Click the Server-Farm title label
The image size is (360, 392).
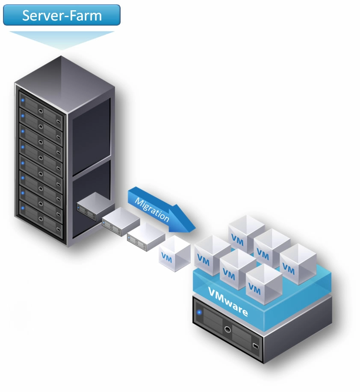pos(62,15)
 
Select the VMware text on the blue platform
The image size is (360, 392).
pos(227,302)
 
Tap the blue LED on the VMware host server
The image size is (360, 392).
pos(199,313)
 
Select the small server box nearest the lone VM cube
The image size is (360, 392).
pos(146,234)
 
